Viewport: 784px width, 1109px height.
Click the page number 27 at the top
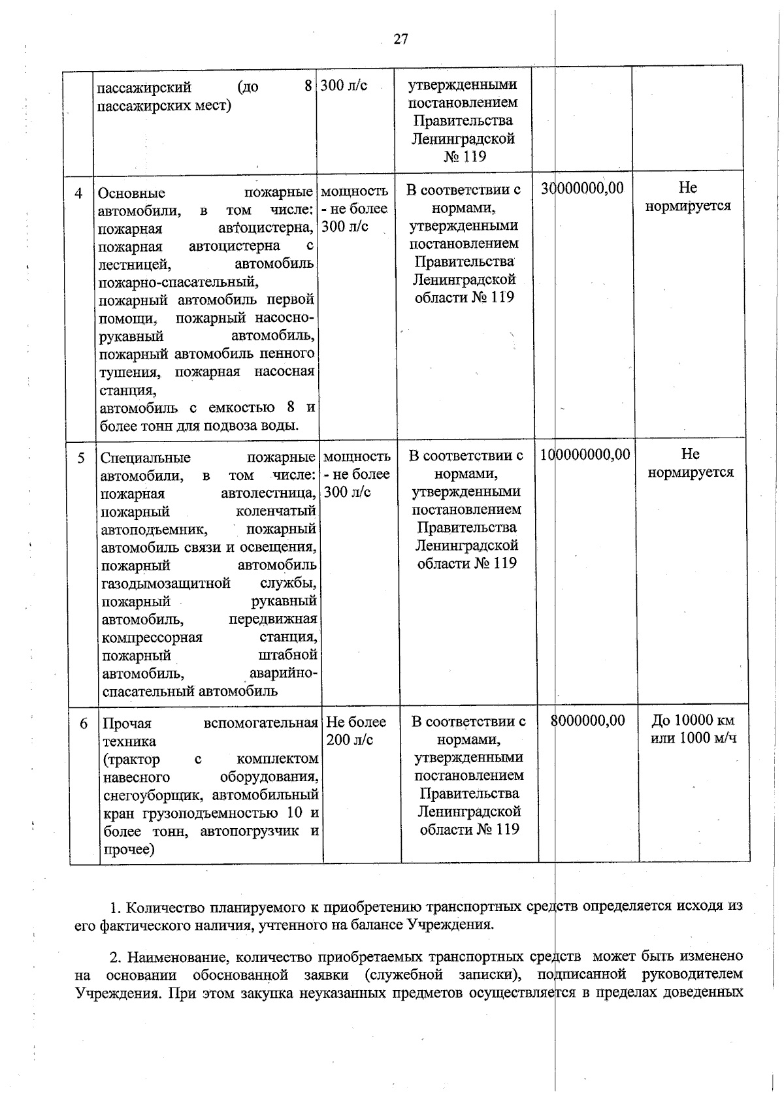click(x=400, y=39)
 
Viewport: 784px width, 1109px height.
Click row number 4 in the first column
click(x=78, y=193)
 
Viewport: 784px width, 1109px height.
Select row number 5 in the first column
click(x=81, y=458)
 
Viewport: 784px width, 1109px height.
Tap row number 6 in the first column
click(x=84, y=724)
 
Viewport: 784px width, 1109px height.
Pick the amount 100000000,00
click(x=585, y=454)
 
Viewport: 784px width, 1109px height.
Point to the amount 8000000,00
click(x=588, y=720)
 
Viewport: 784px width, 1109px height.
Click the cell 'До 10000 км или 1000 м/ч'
click(x=693, y=729)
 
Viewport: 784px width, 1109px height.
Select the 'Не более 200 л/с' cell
click(x=355, y=731)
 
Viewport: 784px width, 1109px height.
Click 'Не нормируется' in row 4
click(x=687, y=197)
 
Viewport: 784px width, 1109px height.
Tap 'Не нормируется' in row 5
click(x=690, y=462)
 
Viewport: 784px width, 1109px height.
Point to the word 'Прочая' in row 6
click(x=127, y=724)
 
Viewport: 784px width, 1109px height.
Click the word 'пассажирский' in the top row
click(x=144, y=88)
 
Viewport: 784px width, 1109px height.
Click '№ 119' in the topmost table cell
click(x=465, y=157)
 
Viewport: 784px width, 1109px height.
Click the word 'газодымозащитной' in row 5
click(x=166, y=583)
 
